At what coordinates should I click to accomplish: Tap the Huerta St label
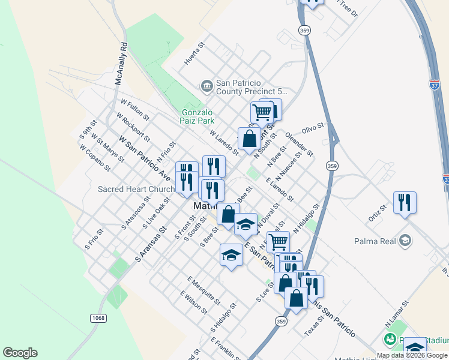tap(195, 54)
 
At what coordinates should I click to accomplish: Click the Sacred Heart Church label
tap(136, 190)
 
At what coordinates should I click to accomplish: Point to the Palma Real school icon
tap(405, 241)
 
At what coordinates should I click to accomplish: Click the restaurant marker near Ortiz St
tap(405, 203)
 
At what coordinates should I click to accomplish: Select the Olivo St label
tap(313, 128)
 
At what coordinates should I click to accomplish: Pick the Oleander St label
tap(299, 145)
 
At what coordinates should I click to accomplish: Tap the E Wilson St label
tap(193, 302)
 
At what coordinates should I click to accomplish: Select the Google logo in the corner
tap(20, 353)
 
